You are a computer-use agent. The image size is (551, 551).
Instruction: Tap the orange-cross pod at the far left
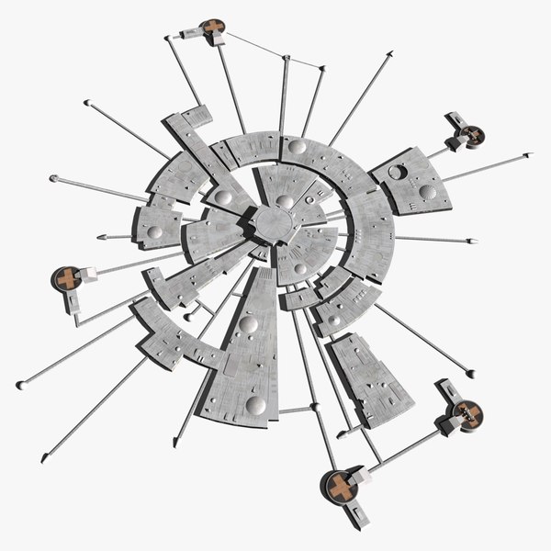pyautogui.click(x=65, y=277)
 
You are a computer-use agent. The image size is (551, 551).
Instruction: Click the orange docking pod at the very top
pyautogui.click(x=213, y=28)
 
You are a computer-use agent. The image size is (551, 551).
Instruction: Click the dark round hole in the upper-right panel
pyautogui.click(x=399, y=172)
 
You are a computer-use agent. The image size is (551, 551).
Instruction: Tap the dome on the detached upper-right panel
pyautogui.click(x=427, y=192)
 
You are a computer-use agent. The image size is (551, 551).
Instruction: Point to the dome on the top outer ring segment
pyautogui.click(x=297, y=146)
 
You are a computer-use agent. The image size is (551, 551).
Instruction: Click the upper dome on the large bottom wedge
pyautogui.click(x=248, y=324)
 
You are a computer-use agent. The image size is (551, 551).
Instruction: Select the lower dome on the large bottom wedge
pyautogui.click(x=255, y=404)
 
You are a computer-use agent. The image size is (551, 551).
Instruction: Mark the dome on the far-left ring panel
pyautogui.click(x=155, y=233)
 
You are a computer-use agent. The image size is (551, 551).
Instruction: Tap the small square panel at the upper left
pyautogui.click(x=197, y=117)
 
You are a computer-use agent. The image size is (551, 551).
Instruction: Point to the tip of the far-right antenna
pyautogui.click(x=529, y=154)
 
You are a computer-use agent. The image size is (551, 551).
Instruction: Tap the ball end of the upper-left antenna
pyautogui.click(x=86, y=103)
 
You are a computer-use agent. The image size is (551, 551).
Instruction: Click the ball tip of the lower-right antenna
pyautogui.click(x=470, y=374)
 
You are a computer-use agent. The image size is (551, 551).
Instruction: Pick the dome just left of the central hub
pyautogui.click(x=223, y=197)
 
